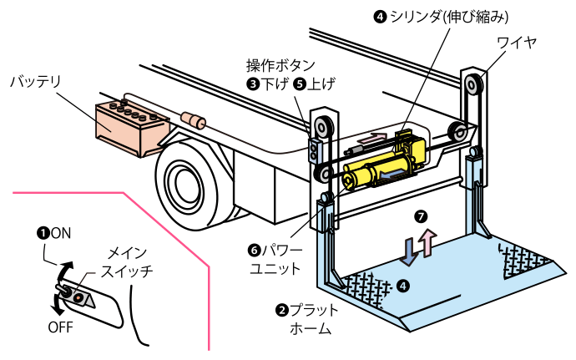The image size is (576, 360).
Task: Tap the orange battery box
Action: (125, 124)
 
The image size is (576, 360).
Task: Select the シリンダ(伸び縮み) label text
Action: (455, 16)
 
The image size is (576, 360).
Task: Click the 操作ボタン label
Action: (281, 65)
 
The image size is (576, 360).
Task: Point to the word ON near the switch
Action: (61, 234)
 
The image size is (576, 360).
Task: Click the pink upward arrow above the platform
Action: (427, 242)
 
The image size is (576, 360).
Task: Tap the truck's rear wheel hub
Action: (181, 180)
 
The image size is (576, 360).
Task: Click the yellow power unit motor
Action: (367, 174)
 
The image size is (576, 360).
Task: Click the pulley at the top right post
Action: (475, 85)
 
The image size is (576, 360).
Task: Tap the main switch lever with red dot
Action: (73, 295)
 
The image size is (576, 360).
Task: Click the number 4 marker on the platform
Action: (404, 286)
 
